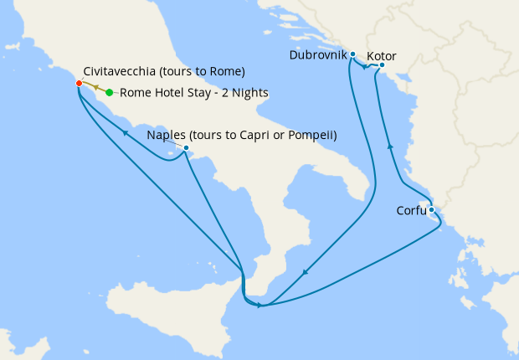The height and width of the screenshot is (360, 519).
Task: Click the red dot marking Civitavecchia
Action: tap(78, 84)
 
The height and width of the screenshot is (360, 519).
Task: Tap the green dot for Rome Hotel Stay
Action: tap(110, 93)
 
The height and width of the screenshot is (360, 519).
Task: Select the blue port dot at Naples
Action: tap(186, 148)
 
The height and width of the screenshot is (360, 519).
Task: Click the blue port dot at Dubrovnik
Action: tap(353, 54)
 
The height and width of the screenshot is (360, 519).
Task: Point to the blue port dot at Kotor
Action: tap(382, 64)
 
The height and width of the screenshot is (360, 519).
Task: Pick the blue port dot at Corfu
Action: tap(431, 210)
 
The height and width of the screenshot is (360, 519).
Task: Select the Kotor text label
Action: tap(382, 56)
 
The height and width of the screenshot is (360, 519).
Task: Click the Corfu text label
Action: tap(411, 211)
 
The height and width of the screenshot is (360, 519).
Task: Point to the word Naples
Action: tap(166, 135)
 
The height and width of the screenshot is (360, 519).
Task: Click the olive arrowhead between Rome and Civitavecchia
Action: tap(95, 87)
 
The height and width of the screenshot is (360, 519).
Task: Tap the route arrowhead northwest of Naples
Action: tap(125, 131)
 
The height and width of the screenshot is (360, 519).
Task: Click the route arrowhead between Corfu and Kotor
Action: tap(390, 147)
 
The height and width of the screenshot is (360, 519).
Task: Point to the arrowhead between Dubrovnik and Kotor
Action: tap(366, 67)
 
